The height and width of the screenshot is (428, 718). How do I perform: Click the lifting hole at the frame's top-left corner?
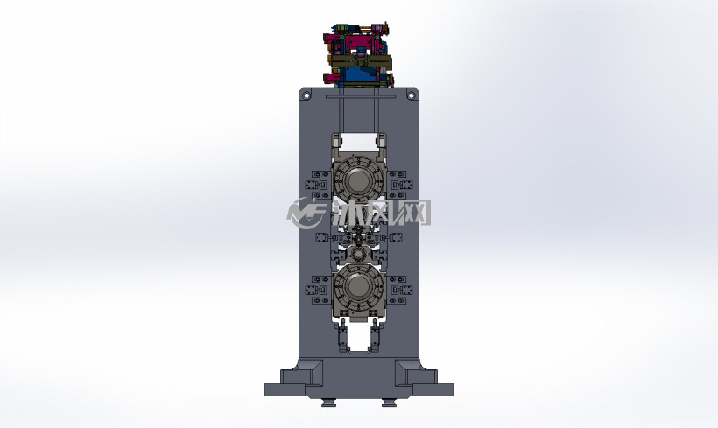(306, 95)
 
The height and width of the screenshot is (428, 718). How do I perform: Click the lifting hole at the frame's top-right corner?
(411, 95)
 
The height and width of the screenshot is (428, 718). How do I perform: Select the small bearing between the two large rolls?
(357, 253)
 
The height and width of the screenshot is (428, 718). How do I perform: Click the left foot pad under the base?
(328, 403)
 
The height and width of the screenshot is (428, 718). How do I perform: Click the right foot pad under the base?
(389, 403)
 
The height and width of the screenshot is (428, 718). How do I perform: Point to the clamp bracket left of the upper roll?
(317, 185)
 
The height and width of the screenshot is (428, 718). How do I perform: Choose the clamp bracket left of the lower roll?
(317, 290)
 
